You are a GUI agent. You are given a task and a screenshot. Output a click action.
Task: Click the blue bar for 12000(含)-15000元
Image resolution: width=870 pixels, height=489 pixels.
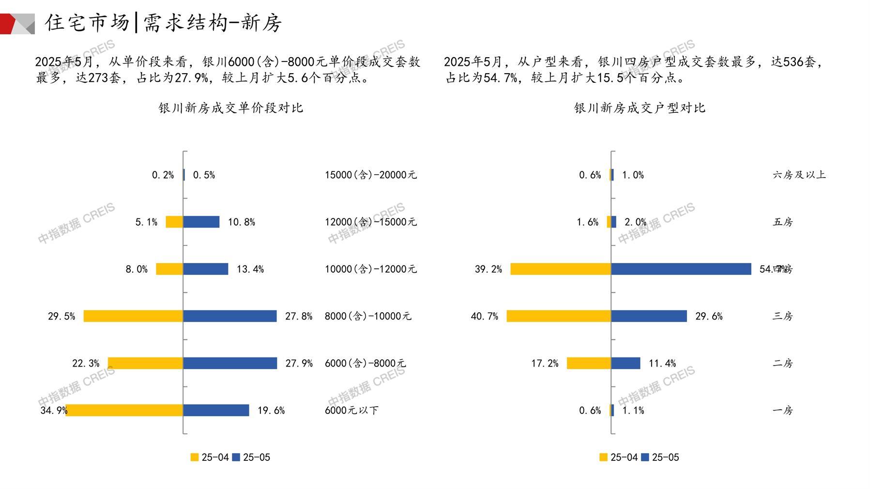click(x=201, y=222)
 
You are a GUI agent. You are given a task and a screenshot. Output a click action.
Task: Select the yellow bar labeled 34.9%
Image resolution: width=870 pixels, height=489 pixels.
click(x=124, y=410)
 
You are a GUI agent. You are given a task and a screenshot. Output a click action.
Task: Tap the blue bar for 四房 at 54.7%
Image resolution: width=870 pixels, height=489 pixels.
click(x=681, y=269)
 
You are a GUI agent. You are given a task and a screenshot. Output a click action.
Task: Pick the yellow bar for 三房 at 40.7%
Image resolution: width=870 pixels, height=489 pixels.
click(x=559, y=316)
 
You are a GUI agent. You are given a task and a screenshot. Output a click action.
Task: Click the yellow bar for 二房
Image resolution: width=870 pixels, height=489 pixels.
click(x=589, y=363)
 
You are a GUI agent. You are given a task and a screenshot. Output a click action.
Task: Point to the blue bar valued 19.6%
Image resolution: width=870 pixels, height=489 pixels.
click(x=216, y=410)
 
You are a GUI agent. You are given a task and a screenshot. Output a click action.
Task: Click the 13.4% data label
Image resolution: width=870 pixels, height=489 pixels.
click(x=250, y=269)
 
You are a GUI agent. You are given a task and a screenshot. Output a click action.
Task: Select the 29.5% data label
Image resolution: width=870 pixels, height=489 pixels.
click(x=61, y=316)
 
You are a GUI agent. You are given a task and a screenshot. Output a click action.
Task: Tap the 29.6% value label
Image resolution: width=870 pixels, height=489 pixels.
click(x=709, y=316)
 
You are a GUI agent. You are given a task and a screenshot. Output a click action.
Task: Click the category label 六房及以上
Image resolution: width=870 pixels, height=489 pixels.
click(x=799, y=175)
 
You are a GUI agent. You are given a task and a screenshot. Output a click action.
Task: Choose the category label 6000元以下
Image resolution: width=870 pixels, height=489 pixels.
click(x=351, y=410)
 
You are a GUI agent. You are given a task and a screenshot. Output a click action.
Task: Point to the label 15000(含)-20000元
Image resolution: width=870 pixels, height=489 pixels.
click(x=370, y=175)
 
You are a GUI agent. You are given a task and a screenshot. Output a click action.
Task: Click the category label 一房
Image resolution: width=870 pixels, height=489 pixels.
click(x=782, y=410)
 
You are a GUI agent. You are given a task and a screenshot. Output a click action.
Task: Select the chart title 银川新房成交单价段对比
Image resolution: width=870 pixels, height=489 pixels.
click(x=230, y=107)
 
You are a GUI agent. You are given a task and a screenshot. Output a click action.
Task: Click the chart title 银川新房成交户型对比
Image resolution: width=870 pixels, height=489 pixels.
click(x=640, y=107)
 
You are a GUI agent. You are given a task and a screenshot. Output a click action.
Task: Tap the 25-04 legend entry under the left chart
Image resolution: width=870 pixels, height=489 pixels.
click(x=209, y=457)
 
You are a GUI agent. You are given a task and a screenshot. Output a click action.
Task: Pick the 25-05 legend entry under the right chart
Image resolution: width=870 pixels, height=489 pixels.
click(x=660, y=457)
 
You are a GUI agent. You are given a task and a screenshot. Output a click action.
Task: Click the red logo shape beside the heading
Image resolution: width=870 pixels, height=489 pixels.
click(x=9, y=24)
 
